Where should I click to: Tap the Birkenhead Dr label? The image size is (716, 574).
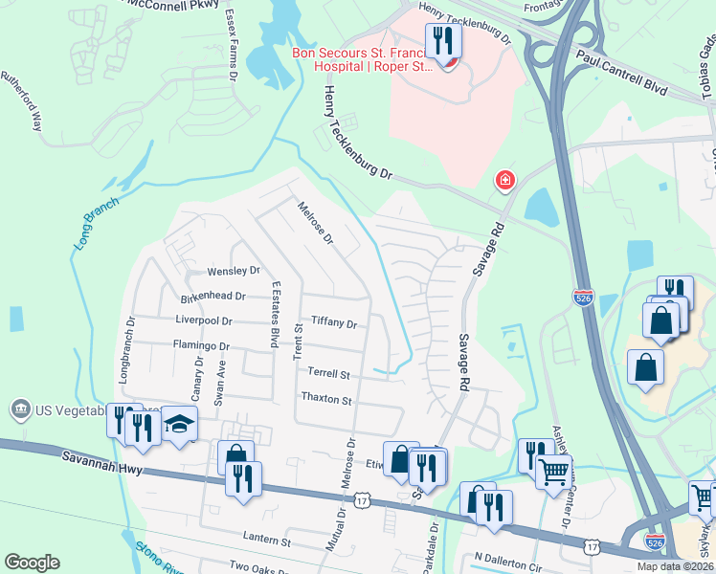(x=213, y=297)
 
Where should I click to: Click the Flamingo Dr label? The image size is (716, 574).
(x=201, y=345)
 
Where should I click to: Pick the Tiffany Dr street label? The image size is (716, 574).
(x=333, y=324)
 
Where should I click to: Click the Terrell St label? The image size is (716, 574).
(x=328, y=373)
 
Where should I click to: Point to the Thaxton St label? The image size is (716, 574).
(x=326, y=399)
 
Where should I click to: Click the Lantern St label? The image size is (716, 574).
(x=266, y=541)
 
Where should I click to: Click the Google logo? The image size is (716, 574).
(x=33, y=563)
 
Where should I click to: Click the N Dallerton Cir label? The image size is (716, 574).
(x=507, y=556)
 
